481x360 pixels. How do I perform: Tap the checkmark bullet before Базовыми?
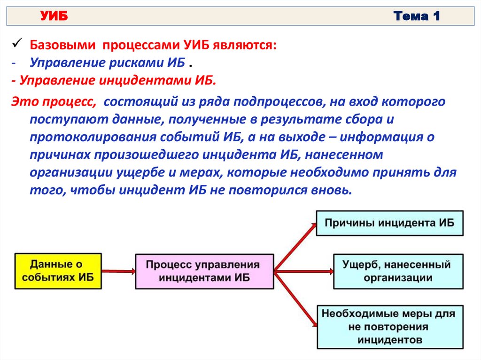(16, 44)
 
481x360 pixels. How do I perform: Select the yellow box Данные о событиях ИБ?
(58, 271)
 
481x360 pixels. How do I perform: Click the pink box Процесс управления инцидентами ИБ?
(204, 271)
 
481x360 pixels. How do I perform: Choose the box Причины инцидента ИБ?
(389, 223)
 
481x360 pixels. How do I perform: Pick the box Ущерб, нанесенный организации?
(398, 271)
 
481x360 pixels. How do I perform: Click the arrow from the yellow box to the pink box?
(118, 271)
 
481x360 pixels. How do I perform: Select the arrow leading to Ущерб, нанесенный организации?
(303, 271)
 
